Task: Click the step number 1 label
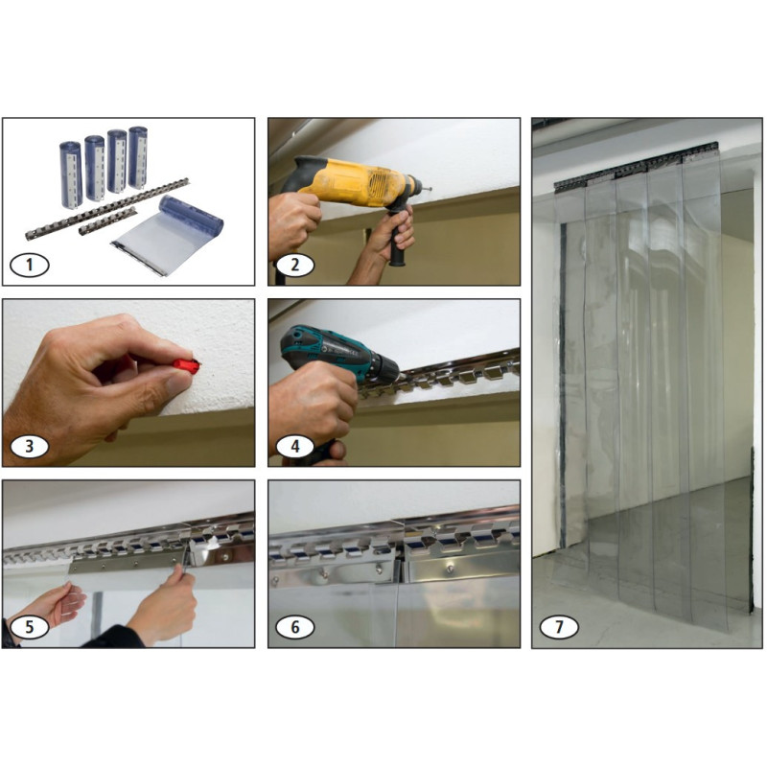coord(30,266)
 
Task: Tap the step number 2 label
coord(295,266)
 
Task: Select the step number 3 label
coord(30,446)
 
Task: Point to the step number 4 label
coord(295,446)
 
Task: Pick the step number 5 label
coord(30,627)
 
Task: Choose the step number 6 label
coord(295,627)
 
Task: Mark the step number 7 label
coord(559,627)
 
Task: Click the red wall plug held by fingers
coord(187,365)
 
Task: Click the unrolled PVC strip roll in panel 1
coord(169,235)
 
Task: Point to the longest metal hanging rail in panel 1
coord(107,209)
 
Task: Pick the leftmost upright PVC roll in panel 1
coord(70,174)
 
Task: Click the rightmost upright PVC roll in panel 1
coord(138,157)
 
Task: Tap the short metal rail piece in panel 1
coord(107,221)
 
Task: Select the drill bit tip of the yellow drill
coord(427,187)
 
